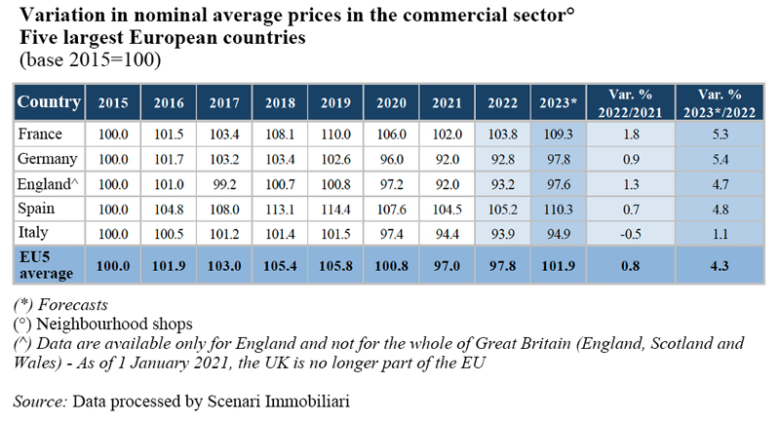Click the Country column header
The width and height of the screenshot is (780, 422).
click(49, 101)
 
